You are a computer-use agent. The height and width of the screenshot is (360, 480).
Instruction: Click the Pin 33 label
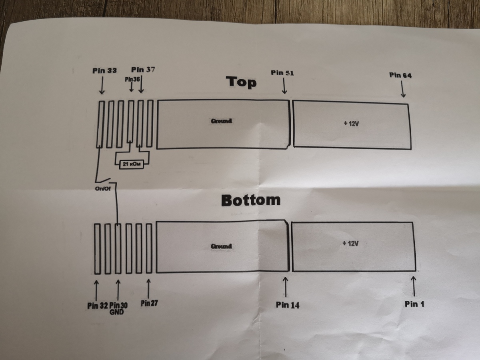coord(104,71)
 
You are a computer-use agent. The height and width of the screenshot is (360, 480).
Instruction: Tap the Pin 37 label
coord(143,70)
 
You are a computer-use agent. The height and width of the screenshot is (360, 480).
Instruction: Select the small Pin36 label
coord(132,79)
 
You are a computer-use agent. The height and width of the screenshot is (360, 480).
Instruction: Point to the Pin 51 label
coord(282,73)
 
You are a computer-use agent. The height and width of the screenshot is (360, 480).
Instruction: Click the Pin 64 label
coord(400,76)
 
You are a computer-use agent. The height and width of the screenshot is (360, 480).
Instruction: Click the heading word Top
coord(241,82)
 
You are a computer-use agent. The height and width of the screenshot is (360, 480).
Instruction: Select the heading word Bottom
coord(251,200)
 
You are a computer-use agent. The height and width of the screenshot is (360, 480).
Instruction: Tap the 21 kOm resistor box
coord(132,164)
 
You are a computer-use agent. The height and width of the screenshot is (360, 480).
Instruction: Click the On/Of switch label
coord(103,189)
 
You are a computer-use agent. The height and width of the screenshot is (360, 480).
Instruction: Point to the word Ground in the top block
coord(221,121)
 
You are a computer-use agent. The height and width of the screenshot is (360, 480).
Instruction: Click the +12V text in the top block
coord(351,124)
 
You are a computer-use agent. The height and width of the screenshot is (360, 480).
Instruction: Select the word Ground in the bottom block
coord(221,246)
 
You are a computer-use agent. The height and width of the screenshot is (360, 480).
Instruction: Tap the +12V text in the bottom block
coord(350,244)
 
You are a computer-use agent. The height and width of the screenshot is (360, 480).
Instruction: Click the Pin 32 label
coord(98,306)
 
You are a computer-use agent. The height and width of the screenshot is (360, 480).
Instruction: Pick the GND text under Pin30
coord(116,312)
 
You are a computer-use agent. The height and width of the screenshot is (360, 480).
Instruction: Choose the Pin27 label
coord(149,303)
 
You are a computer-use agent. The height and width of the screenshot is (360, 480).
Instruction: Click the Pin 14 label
coord(288,305)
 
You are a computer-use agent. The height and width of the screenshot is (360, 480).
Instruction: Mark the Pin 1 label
coord(414,304)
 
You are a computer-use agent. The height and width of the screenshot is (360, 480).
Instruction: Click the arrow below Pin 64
coord(402,89)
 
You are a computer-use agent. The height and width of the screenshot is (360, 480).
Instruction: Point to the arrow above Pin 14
coord(285,287)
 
